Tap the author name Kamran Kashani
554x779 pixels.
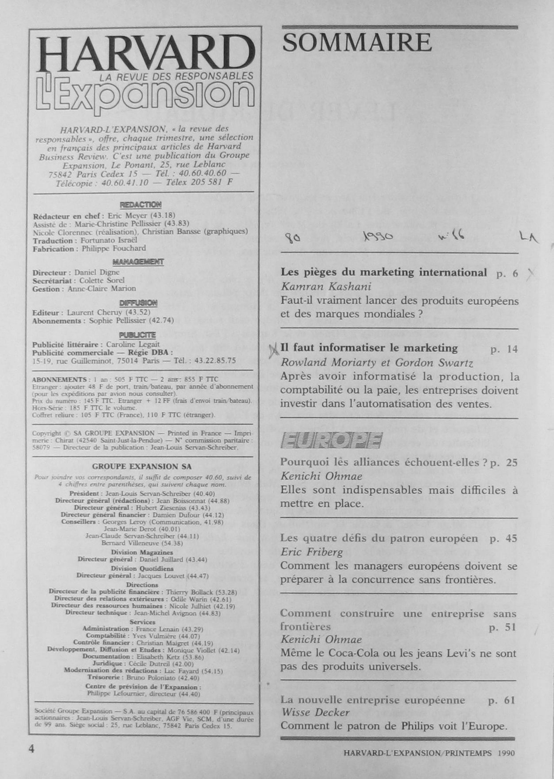pos(325,286)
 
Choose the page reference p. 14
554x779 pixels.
pos(504,349)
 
